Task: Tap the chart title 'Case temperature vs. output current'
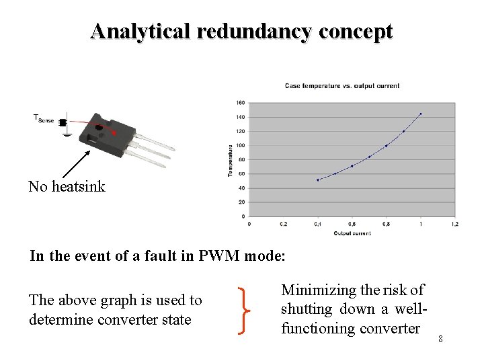[341, 85]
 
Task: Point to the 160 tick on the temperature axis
[241, 103]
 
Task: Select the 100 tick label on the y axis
[241, 145]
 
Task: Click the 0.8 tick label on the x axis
[386, 224]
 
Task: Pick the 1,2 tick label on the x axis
[454, 224]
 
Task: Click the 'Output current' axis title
[352, 233]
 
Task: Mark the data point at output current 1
[421, 114]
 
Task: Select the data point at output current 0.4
[318, 180]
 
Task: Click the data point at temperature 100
[387, 146]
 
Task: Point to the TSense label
[44, 119]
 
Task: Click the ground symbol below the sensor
[67, 134]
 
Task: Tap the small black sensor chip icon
[63, 122]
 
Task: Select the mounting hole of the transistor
[99, 127]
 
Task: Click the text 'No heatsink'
[67, 187]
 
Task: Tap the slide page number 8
[440, 338]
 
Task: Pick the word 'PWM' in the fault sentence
[220, 256]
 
